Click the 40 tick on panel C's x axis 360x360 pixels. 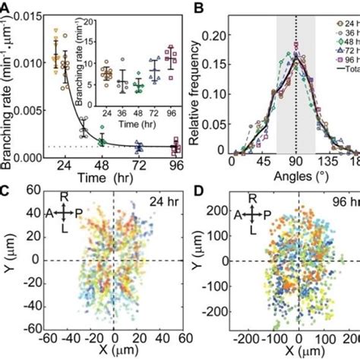[159, 339]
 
